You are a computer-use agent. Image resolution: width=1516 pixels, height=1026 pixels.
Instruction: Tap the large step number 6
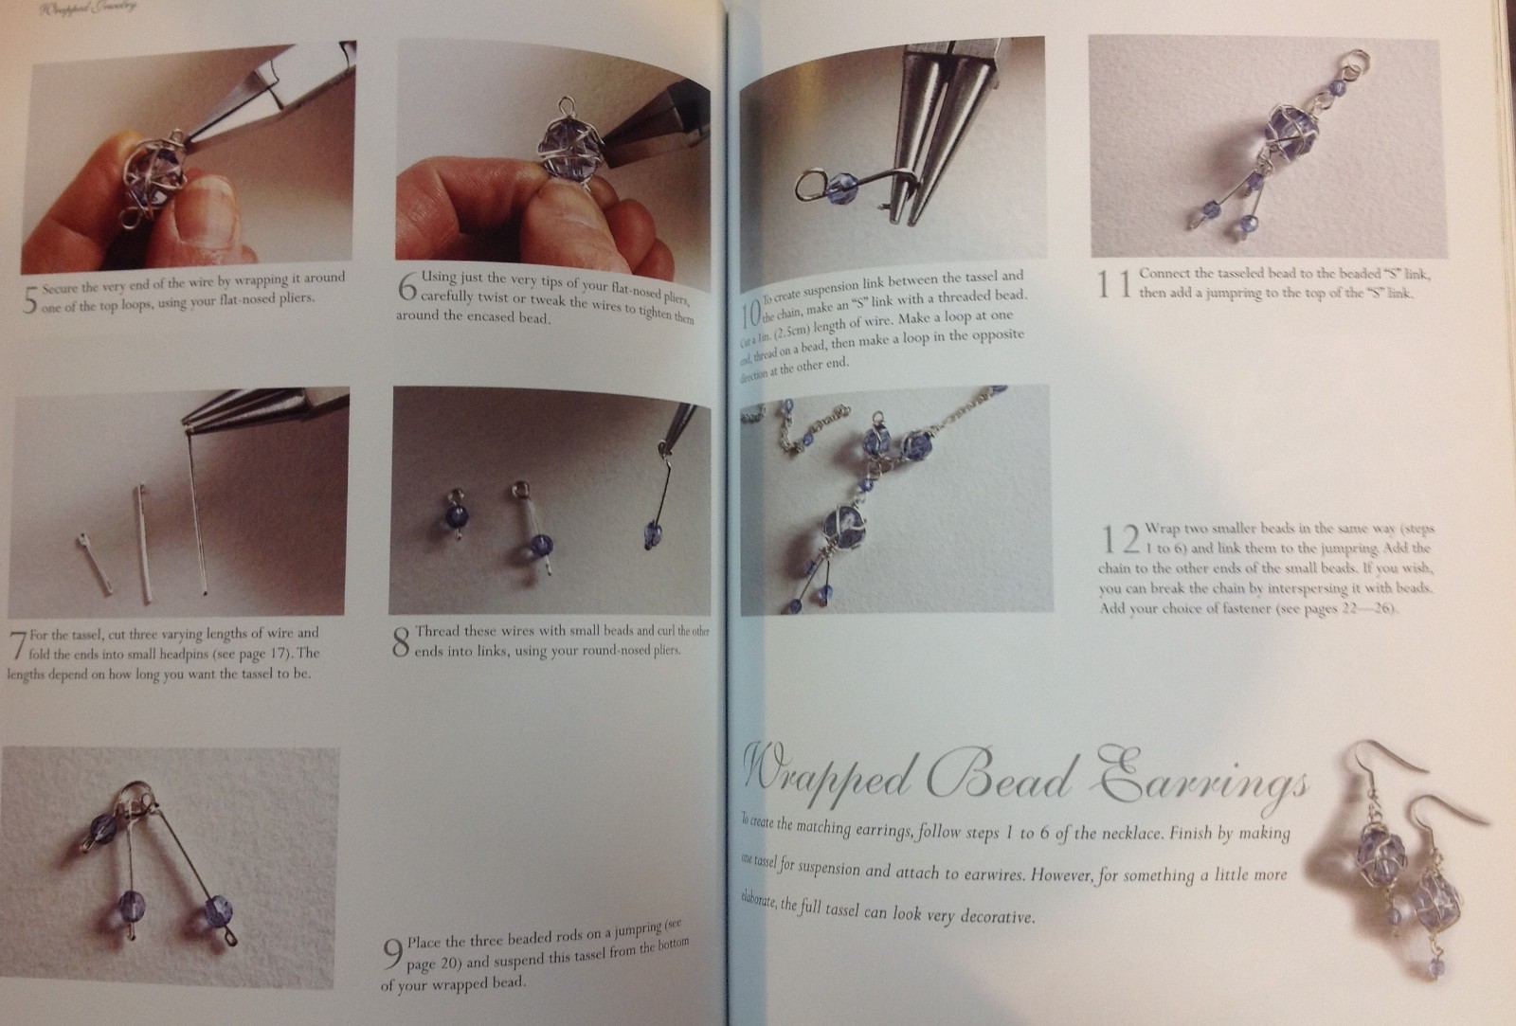click(x=407, y=287)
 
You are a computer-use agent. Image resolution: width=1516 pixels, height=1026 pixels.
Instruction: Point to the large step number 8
click(x=401, y=642)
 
